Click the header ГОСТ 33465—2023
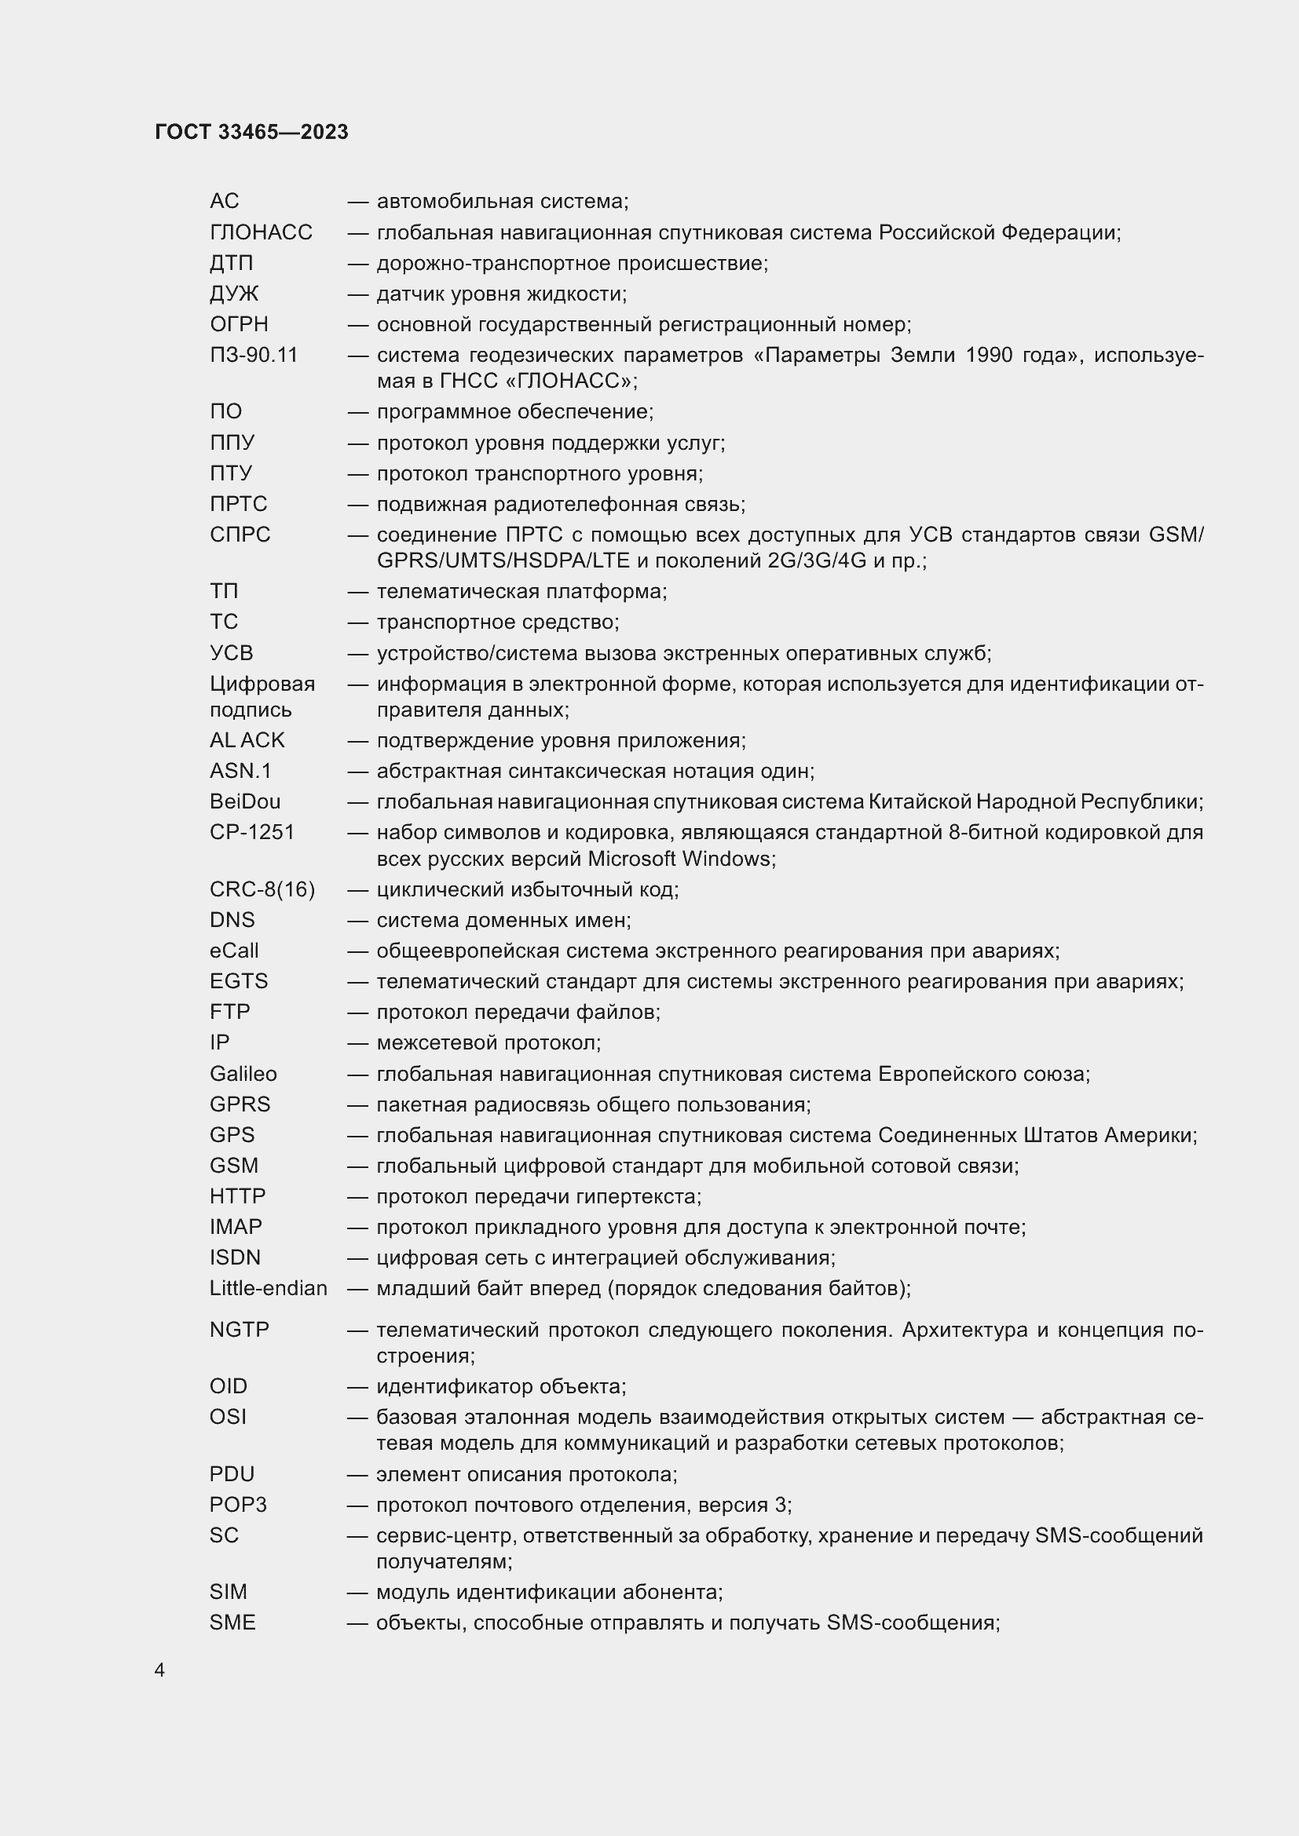click(251, 132)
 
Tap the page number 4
click(160, 1670)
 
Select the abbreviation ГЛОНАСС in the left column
click(261, 232)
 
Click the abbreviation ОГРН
click(240, 325)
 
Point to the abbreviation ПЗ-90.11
click(254, 355)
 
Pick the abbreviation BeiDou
click(245, 801)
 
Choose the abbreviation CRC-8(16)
click(262, 889)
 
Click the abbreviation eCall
click(234, 951)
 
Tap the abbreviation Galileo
click(243, 1074)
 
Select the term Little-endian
click(269, 1288)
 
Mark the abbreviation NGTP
click(240, 1330)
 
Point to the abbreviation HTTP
click(237, 1196)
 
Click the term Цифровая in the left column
click(262, 684)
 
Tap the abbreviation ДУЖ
click(234, 294)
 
